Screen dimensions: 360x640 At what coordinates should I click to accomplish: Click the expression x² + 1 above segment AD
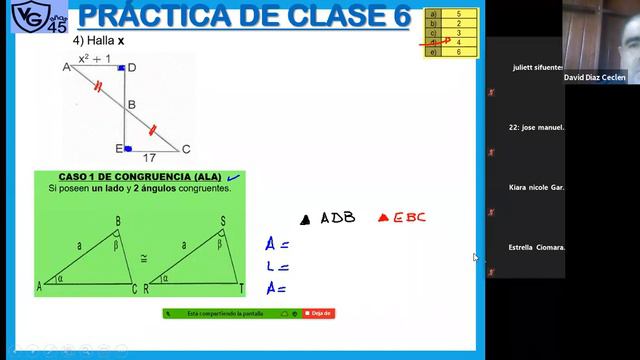point(96,59)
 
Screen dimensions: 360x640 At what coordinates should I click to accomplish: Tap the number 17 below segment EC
point(149,157)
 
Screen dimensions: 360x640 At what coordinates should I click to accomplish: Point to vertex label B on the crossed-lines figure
point(131,104)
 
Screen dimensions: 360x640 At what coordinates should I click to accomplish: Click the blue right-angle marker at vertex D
point(121,68)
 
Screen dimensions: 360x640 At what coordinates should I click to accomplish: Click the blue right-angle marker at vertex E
point(128,148)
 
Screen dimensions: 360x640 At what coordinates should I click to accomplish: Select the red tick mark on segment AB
point(97,86)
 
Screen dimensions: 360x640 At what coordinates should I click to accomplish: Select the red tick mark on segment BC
point(152,130)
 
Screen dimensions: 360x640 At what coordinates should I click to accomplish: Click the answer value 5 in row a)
point(457,15)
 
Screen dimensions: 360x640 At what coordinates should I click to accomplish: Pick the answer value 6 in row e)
point(457,51)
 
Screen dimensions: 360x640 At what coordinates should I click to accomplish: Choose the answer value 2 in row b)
point(457,24)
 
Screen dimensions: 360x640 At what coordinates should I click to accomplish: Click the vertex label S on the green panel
point(222,221)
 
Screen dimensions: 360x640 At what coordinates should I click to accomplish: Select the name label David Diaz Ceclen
point(595,77)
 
